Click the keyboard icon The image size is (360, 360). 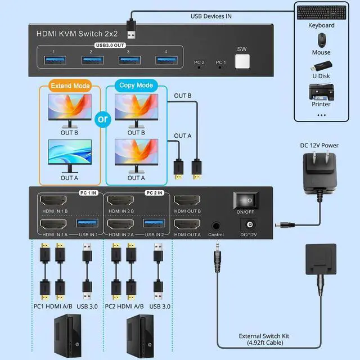(321, 12)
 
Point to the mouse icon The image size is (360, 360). (321, 39)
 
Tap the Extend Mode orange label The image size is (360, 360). (70, 87)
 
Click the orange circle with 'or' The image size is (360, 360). (102, 119)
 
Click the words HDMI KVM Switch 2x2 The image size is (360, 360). (70, 34)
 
